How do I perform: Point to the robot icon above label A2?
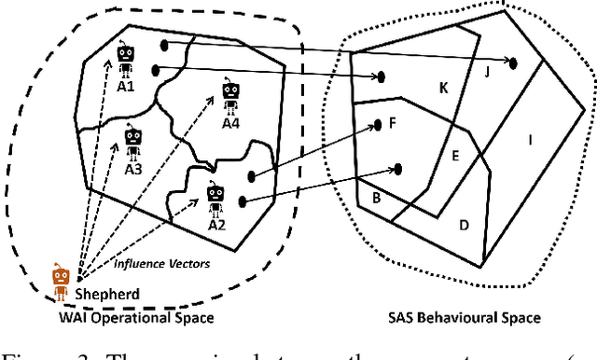216,198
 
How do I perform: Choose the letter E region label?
455,157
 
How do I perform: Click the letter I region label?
531,141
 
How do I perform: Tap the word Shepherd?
108,295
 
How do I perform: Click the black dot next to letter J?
514,62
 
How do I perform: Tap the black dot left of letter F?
378,123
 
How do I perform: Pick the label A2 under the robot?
216,225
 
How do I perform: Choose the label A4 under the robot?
231,123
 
